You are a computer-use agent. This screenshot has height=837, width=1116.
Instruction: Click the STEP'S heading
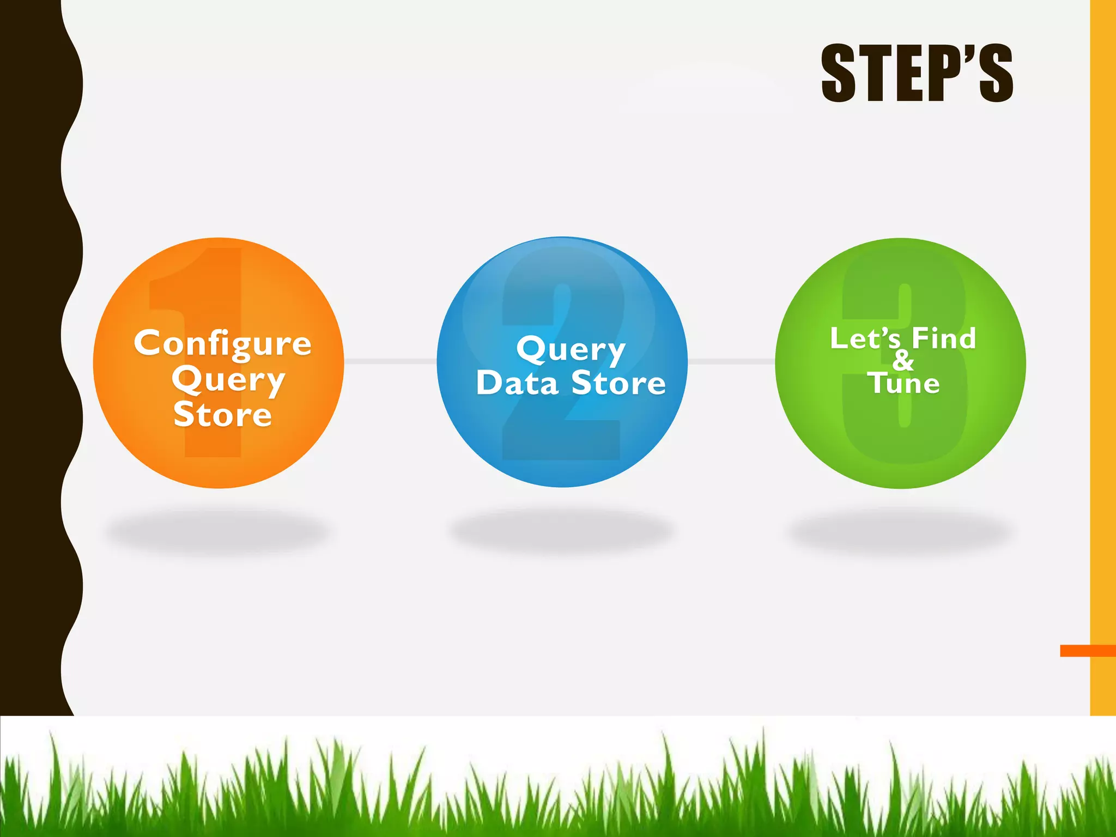click(917, 74)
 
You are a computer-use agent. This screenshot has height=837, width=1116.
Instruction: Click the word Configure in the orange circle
click(223, 344)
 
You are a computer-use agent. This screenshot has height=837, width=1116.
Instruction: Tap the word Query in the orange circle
click(228, 380)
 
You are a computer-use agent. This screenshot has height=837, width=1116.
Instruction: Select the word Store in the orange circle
click(223, 415)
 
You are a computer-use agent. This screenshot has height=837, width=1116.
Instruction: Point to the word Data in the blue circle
click(517, 383)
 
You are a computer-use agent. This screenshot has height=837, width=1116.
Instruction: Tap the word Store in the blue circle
click(618, 383)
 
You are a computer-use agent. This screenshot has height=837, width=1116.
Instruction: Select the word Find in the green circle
click(944, 338)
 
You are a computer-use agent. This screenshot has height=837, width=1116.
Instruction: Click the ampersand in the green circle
click(903, 360)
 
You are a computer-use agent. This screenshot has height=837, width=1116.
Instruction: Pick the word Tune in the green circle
click(903, 383)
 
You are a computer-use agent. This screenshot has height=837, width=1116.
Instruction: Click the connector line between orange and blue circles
click(390, 361)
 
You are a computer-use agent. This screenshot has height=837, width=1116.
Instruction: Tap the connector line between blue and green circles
click(731, 361)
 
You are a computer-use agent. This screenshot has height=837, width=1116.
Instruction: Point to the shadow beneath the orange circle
click(218, 531)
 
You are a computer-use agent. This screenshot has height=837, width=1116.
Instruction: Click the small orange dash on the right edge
click(1087, 651)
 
